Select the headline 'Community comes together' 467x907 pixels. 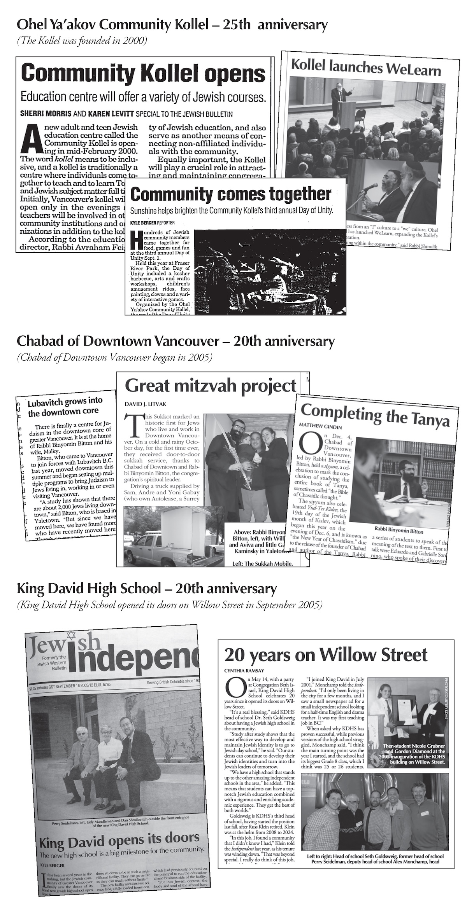[231, 194]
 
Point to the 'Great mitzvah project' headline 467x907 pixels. [211, 386]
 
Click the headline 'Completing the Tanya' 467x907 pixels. [375, 416]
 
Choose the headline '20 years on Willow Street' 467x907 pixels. [326, 654]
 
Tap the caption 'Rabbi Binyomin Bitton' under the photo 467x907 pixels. [399, 531]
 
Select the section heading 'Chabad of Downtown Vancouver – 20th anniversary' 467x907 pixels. [175, 342]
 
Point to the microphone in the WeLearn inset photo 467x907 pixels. [367, 187]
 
